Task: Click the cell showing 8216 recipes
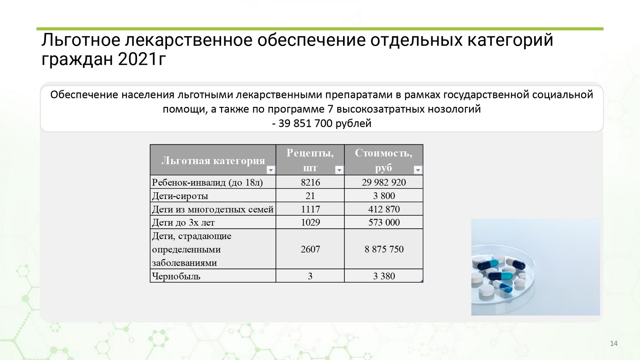(310, 182)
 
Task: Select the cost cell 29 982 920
(384, 182)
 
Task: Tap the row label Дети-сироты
(180, 196)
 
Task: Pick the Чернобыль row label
(176, 276)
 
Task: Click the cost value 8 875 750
(384, 249)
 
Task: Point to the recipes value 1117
(310, 209)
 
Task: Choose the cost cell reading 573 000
(384, 222)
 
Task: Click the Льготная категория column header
(213, 161)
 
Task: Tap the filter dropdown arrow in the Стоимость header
(418, 170)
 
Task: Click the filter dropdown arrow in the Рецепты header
(339, 170)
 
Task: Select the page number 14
(614, 343)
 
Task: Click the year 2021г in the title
(142, 59)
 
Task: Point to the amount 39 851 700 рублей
(325, 124)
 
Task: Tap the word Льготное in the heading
(81, 40)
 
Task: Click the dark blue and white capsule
(489, 265)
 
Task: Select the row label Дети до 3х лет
(183, 222)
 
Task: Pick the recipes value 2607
(310, 249)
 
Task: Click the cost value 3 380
(384, 276)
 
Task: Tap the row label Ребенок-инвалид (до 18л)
(207, 182)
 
